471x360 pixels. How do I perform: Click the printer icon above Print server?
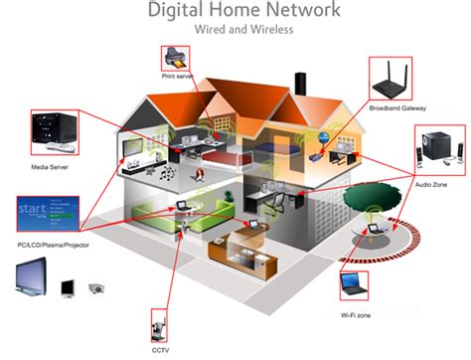tap(176, 58)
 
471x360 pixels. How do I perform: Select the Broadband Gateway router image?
tap(391, 79)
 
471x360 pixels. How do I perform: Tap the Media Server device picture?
tap(55, 132)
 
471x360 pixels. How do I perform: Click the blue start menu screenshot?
tap(48, 214)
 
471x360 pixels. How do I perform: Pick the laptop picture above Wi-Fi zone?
tap(354, 285)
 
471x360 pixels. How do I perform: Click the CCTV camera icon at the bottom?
tap(159, 325)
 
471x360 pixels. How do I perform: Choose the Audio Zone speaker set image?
tap(440, 150)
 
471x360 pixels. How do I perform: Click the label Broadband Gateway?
tap(397, 108)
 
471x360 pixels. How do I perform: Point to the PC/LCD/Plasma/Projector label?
tap(53, 245)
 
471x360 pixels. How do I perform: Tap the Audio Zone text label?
tap(431, 185)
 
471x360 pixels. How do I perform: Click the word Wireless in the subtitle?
tap(271, 29)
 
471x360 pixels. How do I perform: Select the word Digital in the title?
tap(175, 9)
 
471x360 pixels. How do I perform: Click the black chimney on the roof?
tap(300, 85)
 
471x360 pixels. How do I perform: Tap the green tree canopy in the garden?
tap(372, 196)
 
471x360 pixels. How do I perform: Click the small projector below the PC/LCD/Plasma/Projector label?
tap(97, 288)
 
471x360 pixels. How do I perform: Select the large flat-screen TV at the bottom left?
tap(32, 276)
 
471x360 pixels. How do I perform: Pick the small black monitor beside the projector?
tap(68, 288)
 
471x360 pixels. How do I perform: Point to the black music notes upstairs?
tap(168, 173)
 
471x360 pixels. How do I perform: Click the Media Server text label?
tap(50, 167)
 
